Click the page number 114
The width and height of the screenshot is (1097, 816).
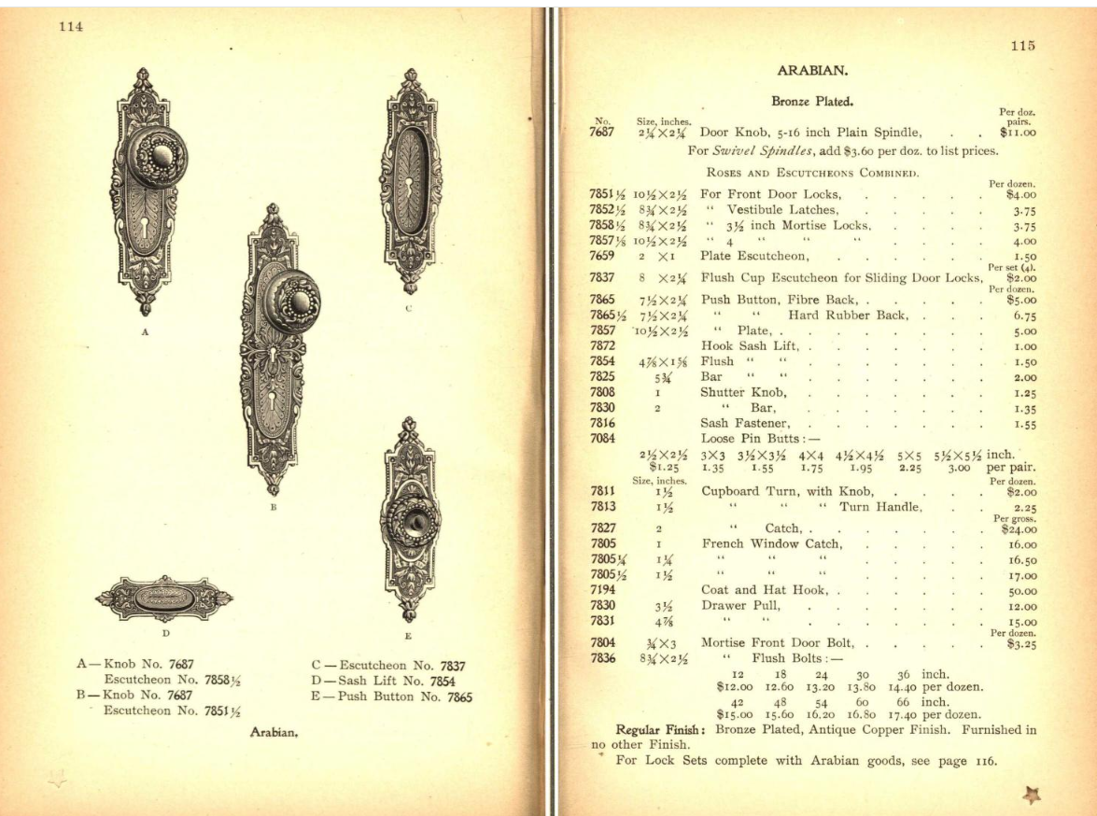tap(71, 26)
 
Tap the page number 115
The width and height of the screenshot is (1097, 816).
tap(1022, 46)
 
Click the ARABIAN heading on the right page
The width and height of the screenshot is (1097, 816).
tap(804, 70)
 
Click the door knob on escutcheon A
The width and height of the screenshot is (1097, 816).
tap(157, 158)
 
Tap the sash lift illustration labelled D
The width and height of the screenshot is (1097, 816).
tap(164, 598)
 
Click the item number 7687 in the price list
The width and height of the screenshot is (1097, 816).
tap(602, 133)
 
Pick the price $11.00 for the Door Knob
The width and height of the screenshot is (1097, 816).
tap(1017, 133)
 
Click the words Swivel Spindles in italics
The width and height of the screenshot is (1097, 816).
tap(755, 150)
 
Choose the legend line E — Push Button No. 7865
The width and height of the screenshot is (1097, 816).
tap(392, 696)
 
